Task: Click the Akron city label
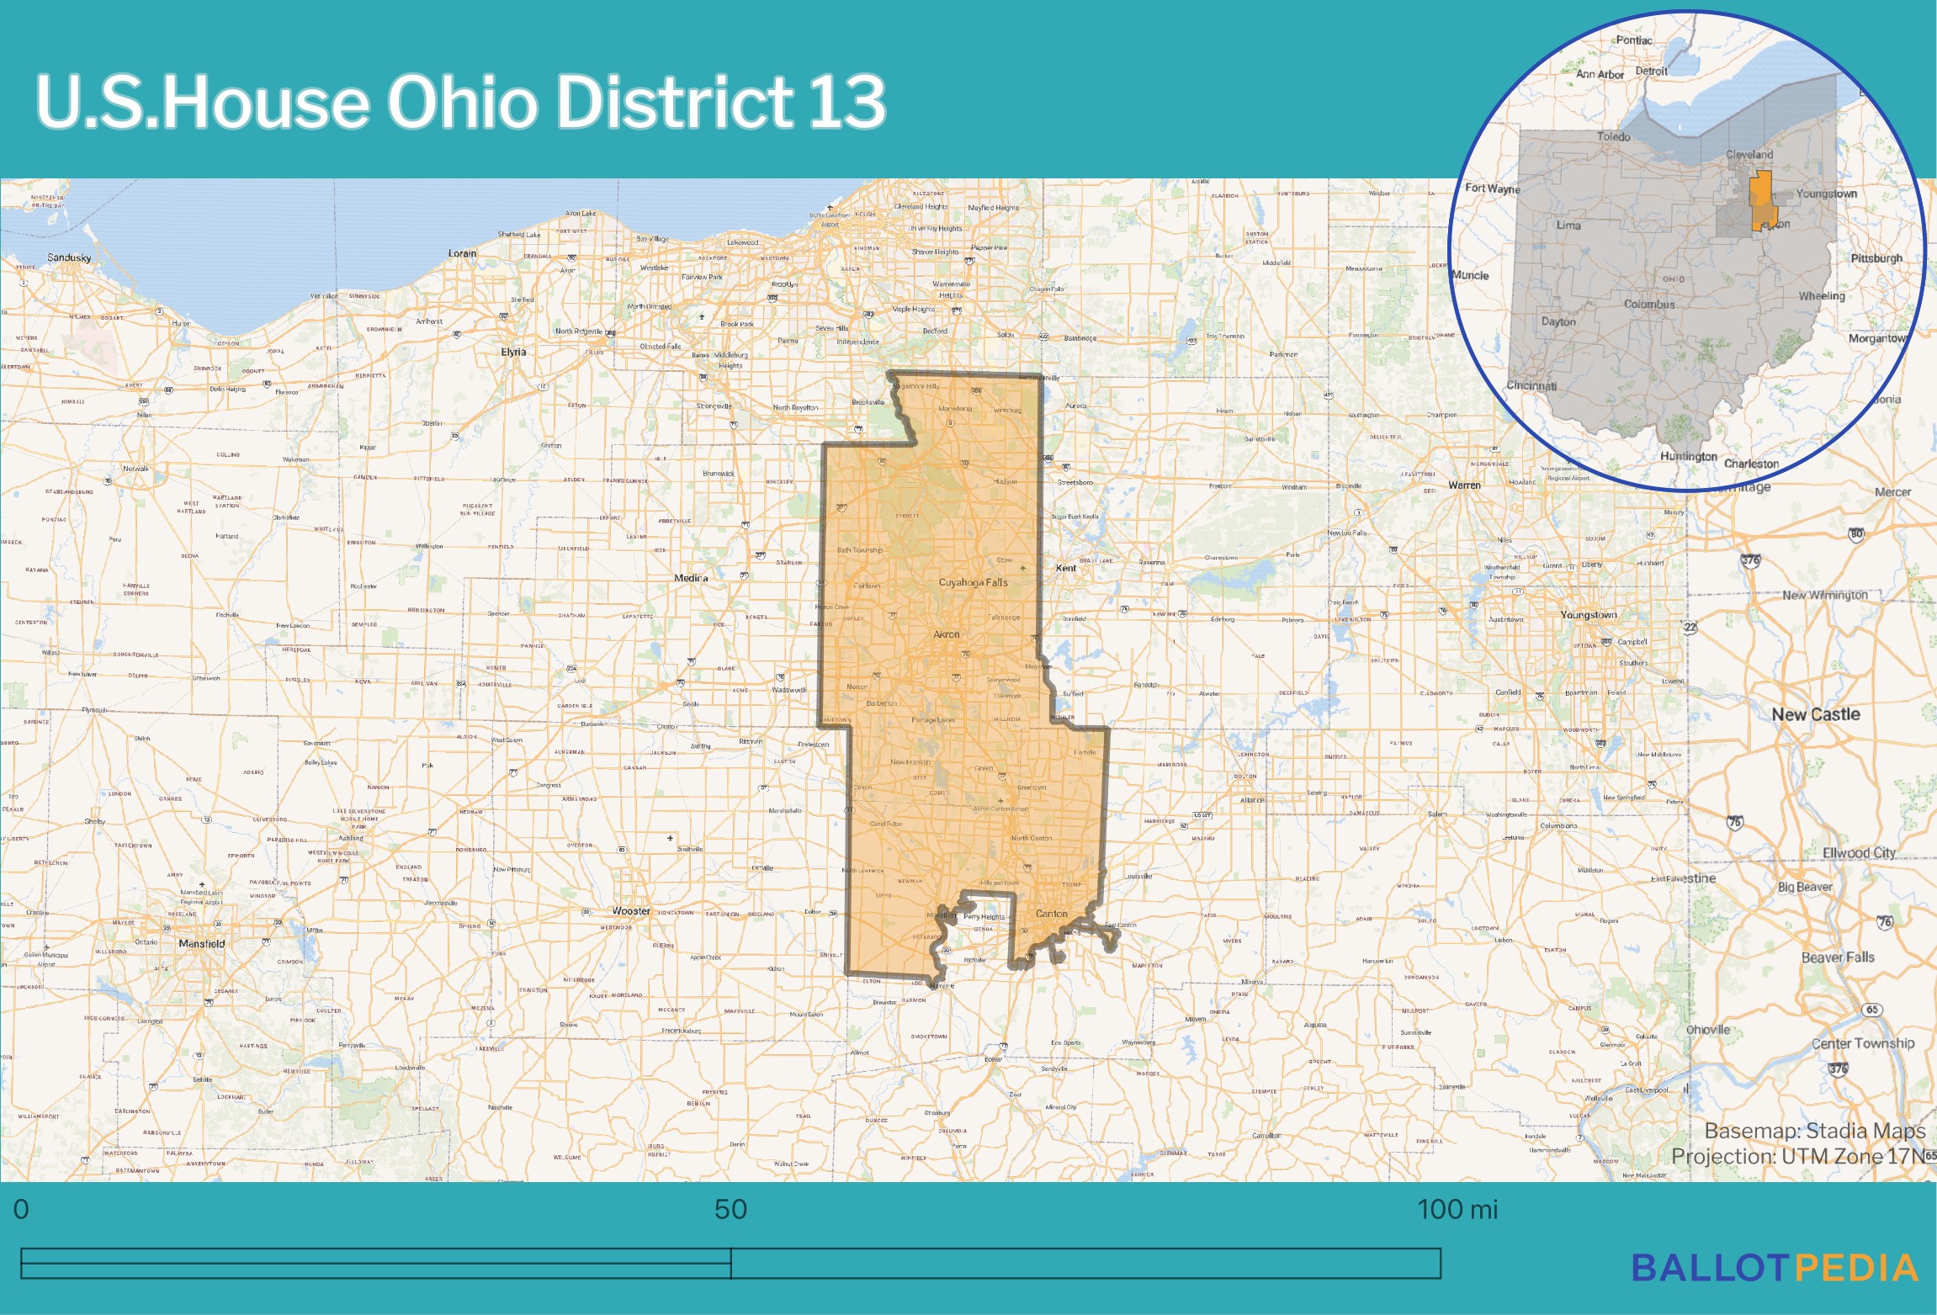point(946,634)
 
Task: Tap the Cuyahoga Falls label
point(973,582)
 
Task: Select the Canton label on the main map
point(1051,913)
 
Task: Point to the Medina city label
point(691,578)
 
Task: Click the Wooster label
point(631,911)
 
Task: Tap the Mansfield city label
point(201,943)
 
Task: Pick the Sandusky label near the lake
point(69,257)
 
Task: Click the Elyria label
point(513,352)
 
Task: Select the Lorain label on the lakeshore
point(462,253)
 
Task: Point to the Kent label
point(1065,568)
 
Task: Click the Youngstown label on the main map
point(1588,615)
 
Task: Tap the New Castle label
point(1815,714)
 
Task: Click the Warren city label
point(1464,485)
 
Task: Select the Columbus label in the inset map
point(1648,305)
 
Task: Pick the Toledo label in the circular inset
point(1613,136)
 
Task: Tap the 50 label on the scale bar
point(730,1210)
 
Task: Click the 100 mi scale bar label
point(1457,1210)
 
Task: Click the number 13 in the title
point(846,102)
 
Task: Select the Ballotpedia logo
point(1774,1268)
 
